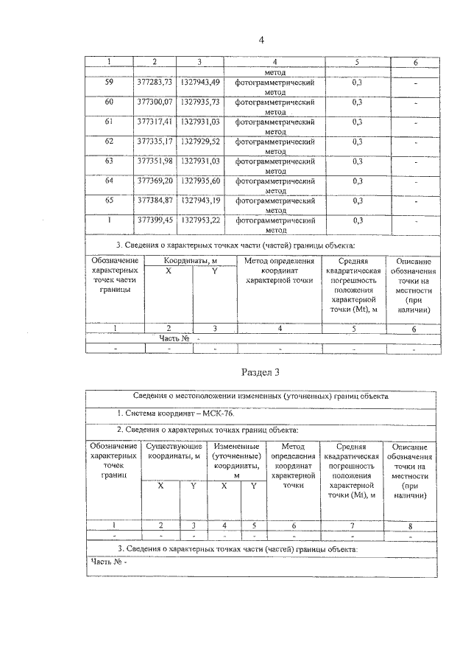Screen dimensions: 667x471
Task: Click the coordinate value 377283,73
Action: (x=154, y=82)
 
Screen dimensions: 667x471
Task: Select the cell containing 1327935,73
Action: (x=199, y=102)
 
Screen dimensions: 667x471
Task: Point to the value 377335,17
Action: (x=154, y=142)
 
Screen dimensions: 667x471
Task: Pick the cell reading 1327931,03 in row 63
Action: (x=199, y=161)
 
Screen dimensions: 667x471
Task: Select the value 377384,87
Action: (x=154, y=200)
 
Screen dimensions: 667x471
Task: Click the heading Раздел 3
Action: (x=261, y=371)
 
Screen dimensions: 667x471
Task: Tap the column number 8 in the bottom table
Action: (x=410, y=525)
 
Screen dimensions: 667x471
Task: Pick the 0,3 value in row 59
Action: (x=357, y=82)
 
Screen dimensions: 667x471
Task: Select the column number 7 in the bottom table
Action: (x=352, y=525)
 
